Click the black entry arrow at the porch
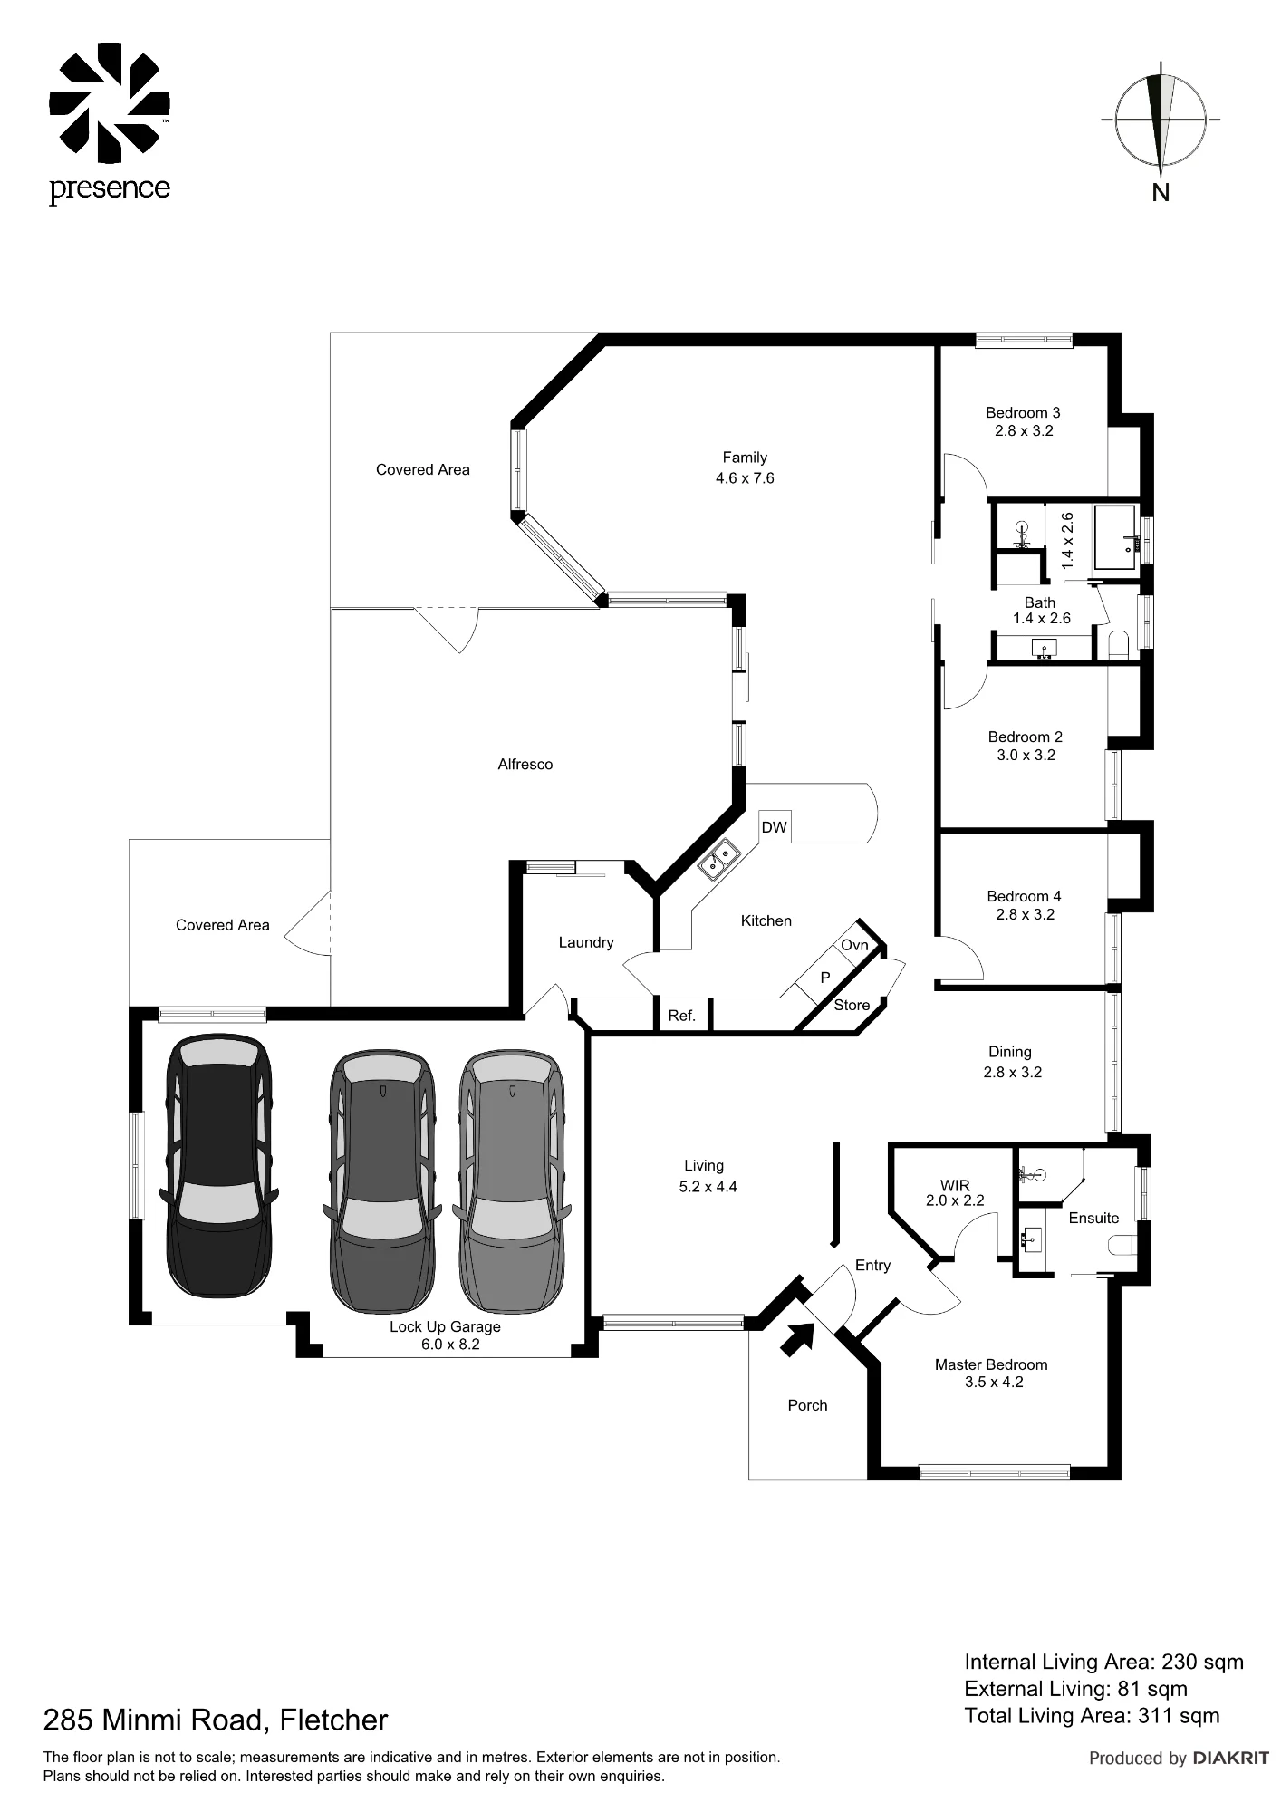pos(797,1338)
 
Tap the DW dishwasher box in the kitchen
pos(775,826)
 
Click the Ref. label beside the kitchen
pos(681,1016)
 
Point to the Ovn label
pos(854,945)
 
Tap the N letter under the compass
pos(1161,192)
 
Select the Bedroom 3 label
pos(1023,412)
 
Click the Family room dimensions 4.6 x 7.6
pos(745,477)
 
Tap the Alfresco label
pos(525,764)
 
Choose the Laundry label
pos(586,942)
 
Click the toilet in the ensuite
pos(1122,1247)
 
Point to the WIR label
pos(955,1185)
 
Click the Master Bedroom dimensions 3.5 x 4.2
pos(994,1382)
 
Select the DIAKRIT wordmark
pos(1231,1758)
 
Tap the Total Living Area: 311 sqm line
pos(1092,1715)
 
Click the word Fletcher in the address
pos(333,1719)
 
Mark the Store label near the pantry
pos(852,1005)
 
